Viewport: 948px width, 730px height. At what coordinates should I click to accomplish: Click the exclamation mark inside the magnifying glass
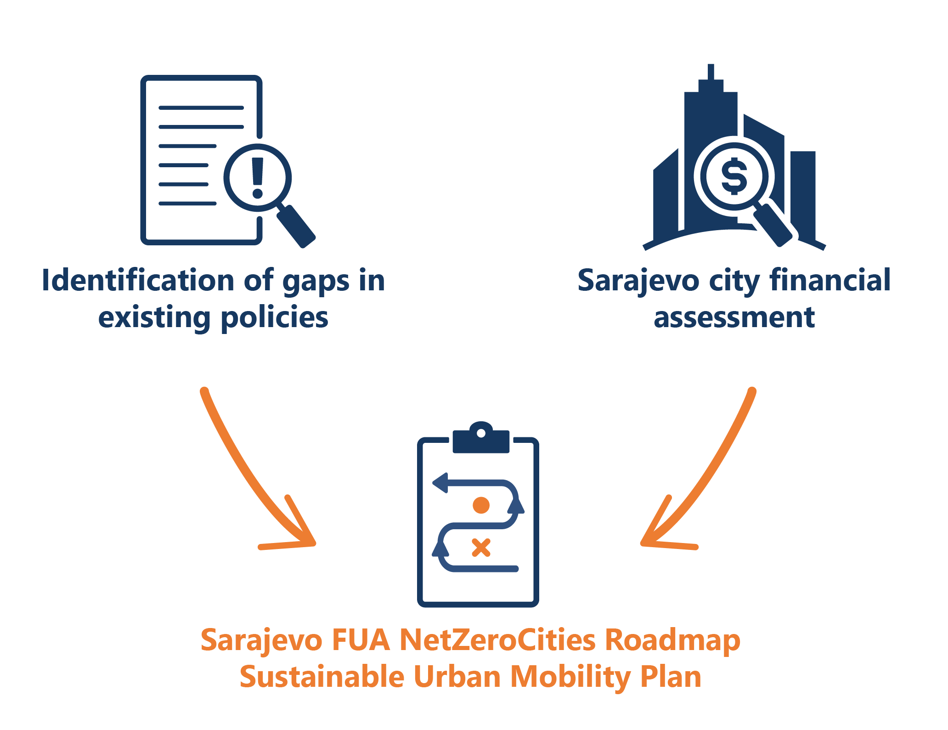click(x=258, y=178)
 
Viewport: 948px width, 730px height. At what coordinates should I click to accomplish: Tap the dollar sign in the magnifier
click(x=734, y=176)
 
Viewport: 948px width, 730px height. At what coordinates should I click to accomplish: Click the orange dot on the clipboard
click(x=481, y=505)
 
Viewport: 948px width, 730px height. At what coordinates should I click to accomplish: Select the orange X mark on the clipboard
click(x=481, y=548)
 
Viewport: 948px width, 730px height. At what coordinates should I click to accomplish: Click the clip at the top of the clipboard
click(x=481, y=439)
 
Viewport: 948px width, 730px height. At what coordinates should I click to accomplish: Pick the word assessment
click(x=734, y=317)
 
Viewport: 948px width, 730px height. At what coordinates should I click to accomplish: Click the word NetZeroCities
click(x=497, y=639)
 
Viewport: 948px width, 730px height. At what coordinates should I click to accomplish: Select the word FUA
click(x=361, y=639)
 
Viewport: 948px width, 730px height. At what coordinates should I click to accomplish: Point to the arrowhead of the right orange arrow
click(x=652, y=538)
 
